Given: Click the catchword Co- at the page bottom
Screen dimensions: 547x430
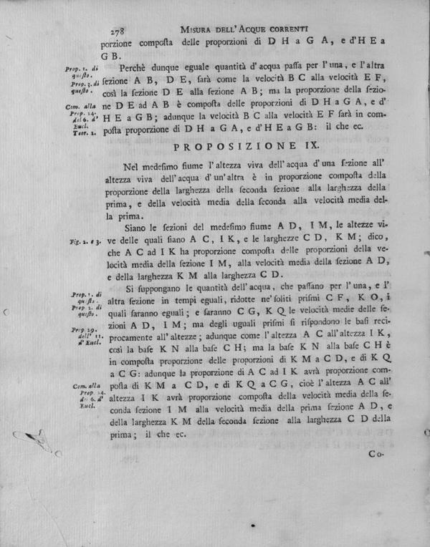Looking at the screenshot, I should (x=376, y=453).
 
